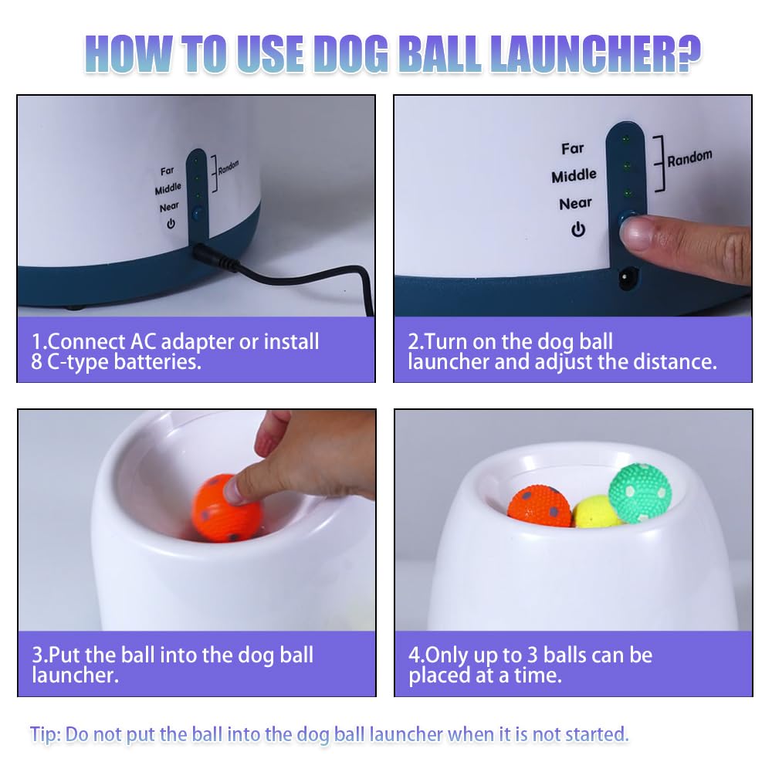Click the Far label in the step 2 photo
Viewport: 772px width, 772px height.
[573, 148]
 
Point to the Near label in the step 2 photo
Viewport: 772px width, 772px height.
[575, 204]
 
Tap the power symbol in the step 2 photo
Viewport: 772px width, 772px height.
[577, 229]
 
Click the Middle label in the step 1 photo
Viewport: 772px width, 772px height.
[168, 188]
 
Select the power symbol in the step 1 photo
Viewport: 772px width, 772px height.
[171, 224]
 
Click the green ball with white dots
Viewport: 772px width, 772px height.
[639, 493]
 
